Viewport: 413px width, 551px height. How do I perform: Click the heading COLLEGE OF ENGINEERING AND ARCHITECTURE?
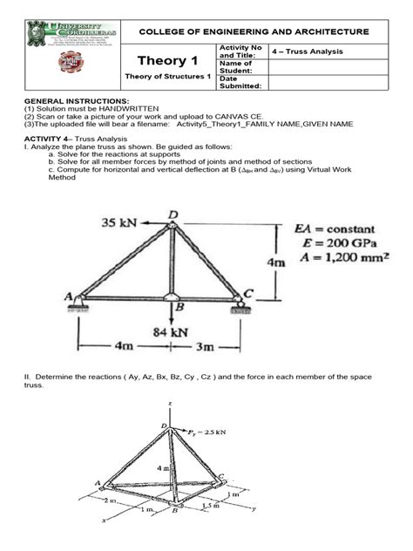254,32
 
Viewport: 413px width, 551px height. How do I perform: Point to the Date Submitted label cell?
240,82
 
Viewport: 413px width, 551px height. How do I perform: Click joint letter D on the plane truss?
173,214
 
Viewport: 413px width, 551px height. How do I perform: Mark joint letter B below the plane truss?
179,308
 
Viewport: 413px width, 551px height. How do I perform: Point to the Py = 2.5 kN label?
208,431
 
